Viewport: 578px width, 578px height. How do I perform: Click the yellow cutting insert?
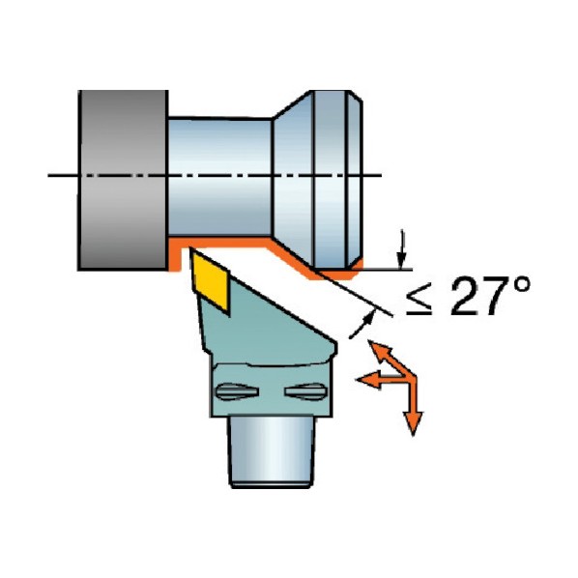tap(210, 281)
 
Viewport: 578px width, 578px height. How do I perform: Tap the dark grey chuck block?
tap(123, 180)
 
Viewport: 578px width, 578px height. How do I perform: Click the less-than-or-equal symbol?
tap(419, 303)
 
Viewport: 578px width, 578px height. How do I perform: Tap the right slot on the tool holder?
tap(305, 391)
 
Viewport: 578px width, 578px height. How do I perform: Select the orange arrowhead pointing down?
tap(413, 423)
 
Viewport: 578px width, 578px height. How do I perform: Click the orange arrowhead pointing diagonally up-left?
tap(379, 351)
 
